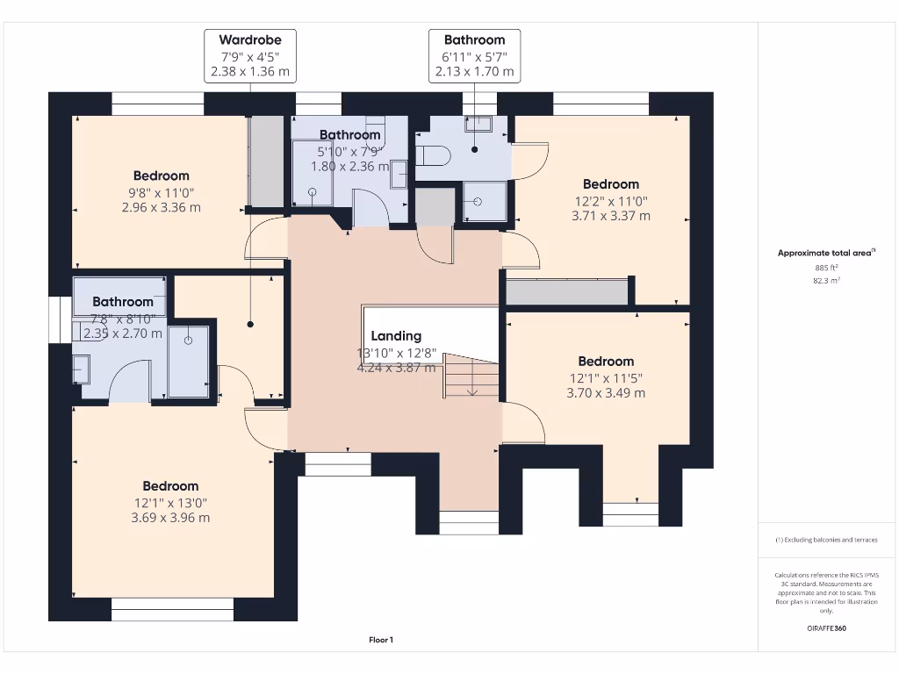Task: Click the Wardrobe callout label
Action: point(249,40)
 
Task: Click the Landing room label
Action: point(395,336)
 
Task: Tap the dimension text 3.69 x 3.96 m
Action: point(170,518)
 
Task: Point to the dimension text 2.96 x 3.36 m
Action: point(161,208)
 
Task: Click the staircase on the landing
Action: point(471,375)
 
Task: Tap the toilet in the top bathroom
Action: point(434,156)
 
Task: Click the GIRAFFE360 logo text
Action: point(826,628)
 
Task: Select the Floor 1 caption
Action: point(381,641)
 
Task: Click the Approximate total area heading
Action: point(826,253)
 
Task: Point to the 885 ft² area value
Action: point(826,268)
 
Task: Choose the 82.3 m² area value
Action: point(826,281)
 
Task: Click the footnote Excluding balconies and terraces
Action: point(826,540)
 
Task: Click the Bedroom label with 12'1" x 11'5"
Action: point(606,362)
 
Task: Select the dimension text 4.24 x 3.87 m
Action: point(395,368)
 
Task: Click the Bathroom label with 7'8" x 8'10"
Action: point(123,302)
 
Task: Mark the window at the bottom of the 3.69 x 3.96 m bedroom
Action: point(172,609)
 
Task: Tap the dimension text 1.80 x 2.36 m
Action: point(350,167)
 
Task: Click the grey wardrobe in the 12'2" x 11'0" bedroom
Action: point(567,291)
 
